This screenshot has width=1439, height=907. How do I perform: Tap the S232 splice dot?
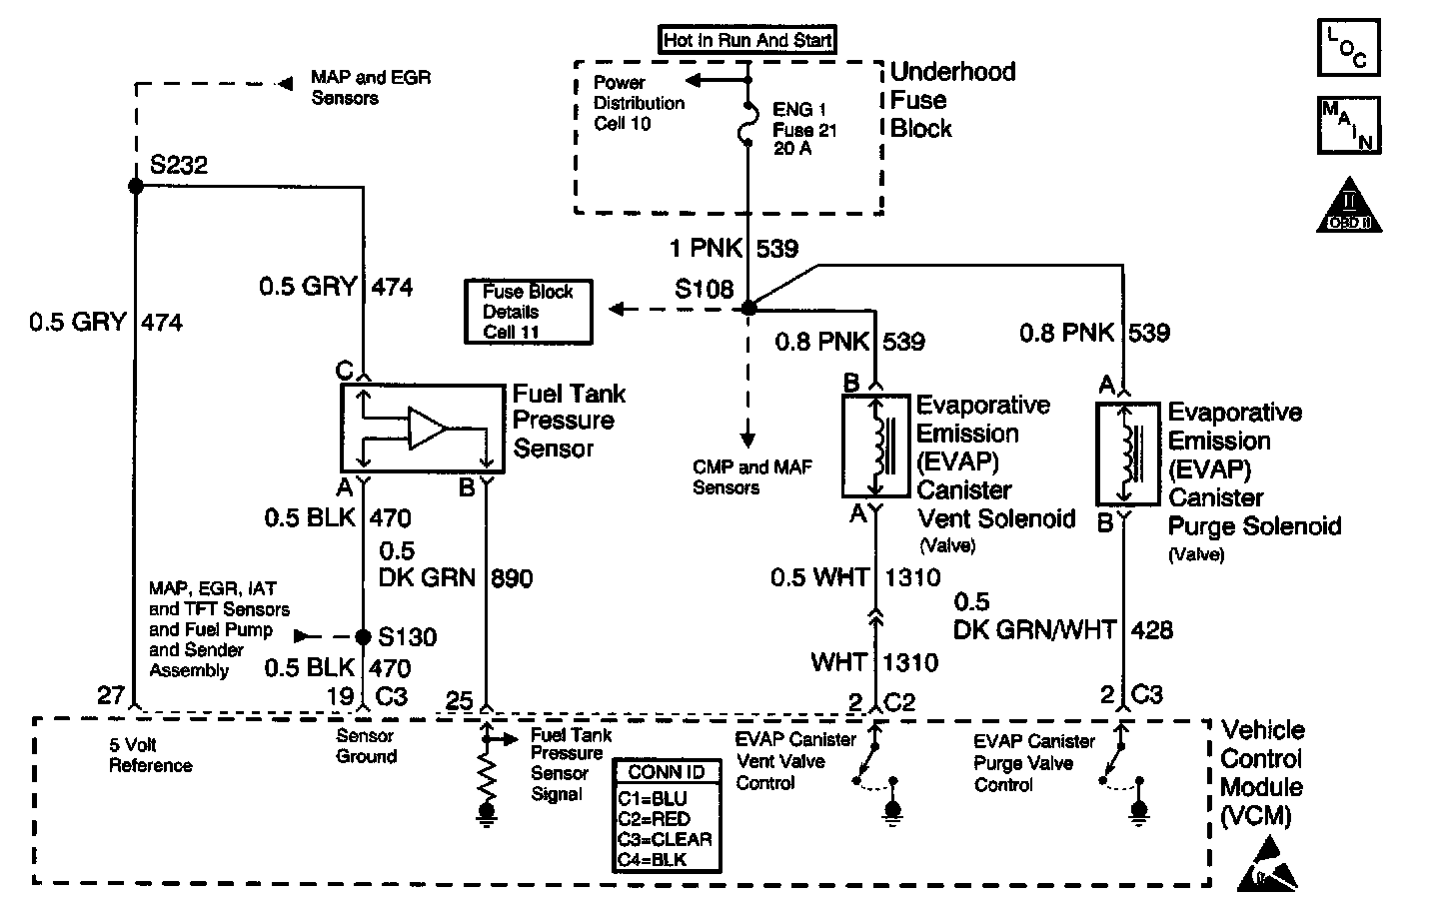(136, 187)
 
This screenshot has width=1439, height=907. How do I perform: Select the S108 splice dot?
(748, 309)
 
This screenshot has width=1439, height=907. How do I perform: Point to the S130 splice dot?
(364, 635)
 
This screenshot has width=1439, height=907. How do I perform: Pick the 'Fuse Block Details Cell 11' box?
(528, 312)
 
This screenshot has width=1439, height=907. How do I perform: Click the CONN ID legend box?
(667, 814)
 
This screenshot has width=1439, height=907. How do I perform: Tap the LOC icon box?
(1348, 47)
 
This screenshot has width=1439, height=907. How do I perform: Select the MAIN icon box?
(1348, 125)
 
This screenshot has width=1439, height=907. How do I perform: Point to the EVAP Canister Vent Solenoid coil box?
(876, 446)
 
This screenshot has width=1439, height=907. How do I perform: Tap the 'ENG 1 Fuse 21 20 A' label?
(804, 129)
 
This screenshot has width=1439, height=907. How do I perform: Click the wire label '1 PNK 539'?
(734, 248)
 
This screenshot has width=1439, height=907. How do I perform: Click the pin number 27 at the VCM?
(112, 695)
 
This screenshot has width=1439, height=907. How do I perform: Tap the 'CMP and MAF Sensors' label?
(738, 477)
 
